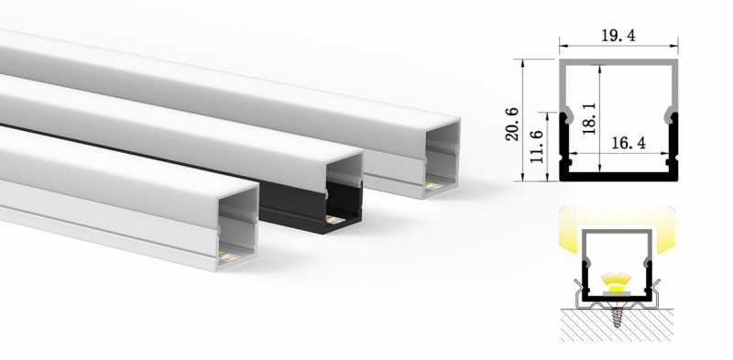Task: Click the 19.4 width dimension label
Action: coord(618,36)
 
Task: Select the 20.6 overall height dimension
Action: coord(512,124)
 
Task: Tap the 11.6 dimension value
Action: coord(538,147)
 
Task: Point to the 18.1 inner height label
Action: coord(589,118)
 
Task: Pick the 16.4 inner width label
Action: coord(629,143)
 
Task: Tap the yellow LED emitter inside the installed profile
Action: coord(615,283)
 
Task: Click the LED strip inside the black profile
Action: coord(335,220)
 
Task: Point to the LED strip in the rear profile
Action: coord(433,186)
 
